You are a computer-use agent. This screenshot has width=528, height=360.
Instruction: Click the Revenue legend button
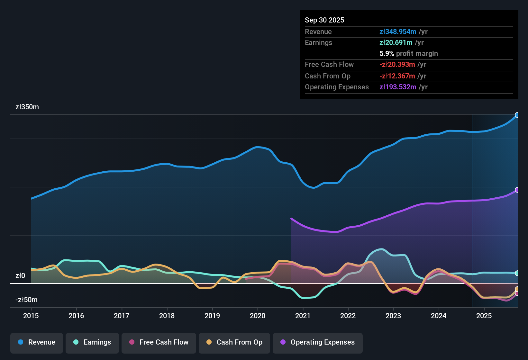[37, 342]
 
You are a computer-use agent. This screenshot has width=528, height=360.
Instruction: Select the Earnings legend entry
[92, 342]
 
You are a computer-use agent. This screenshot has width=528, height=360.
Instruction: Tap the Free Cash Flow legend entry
[159, 342]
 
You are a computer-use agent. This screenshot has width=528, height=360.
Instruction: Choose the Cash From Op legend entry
[234, 342]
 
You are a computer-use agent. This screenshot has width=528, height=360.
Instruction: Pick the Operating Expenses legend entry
[318, 342]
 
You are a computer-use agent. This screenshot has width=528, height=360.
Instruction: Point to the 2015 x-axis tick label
[31, 316]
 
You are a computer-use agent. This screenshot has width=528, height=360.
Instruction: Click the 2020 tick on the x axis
[258, 316]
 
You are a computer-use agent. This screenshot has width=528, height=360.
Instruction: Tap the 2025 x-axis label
[484, 316]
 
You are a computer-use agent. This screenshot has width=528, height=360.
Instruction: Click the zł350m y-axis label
[27, 107]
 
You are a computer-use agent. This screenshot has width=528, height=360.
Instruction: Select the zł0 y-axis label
[20, 275]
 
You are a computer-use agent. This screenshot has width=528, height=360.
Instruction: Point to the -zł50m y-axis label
[26, 300]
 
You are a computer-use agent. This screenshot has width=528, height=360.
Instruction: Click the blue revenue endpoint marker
[517, 115]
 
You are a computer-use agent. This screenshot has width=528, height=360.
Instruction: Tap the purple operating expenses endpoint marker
[517, 190]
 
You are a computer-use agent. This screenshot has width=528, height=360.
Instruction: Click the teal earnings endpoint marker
[517, 273]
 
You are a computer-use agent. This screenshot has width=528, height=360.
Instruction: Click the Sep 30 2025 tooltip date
[324, 20]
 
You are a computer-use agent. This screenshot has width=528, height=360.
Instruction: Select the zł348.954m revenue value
[398, 32]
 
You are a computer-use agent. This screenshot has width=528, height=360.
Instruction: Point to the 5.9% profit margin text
[408, 54]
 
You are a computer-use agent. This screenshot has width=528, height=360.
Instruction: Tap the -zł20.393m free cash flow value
[397, 65]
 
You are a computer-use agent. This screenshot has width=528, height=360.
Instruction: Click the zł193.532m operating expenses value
[398, 87]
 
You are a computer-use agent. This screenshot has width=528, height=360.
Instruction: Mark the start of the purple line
[291, 219]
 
